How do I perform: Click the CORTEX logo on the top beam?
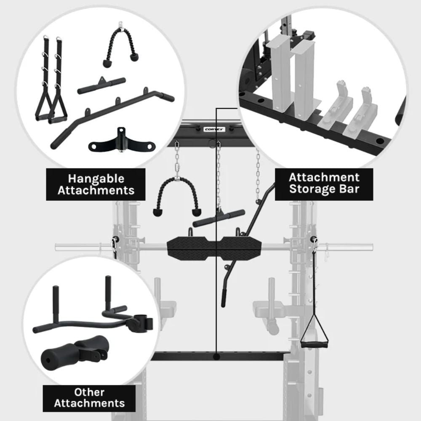tap(214, 129)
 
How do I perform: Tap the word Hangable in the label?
tap(96, 179)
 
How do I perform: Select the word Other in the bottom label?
tap(89, 392)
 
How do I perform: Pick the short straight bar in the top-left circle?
tap(101, 85)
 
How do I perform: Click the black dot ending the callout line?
tap(216, 357)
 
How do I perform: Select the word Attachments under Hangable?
tap(96, 190)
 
